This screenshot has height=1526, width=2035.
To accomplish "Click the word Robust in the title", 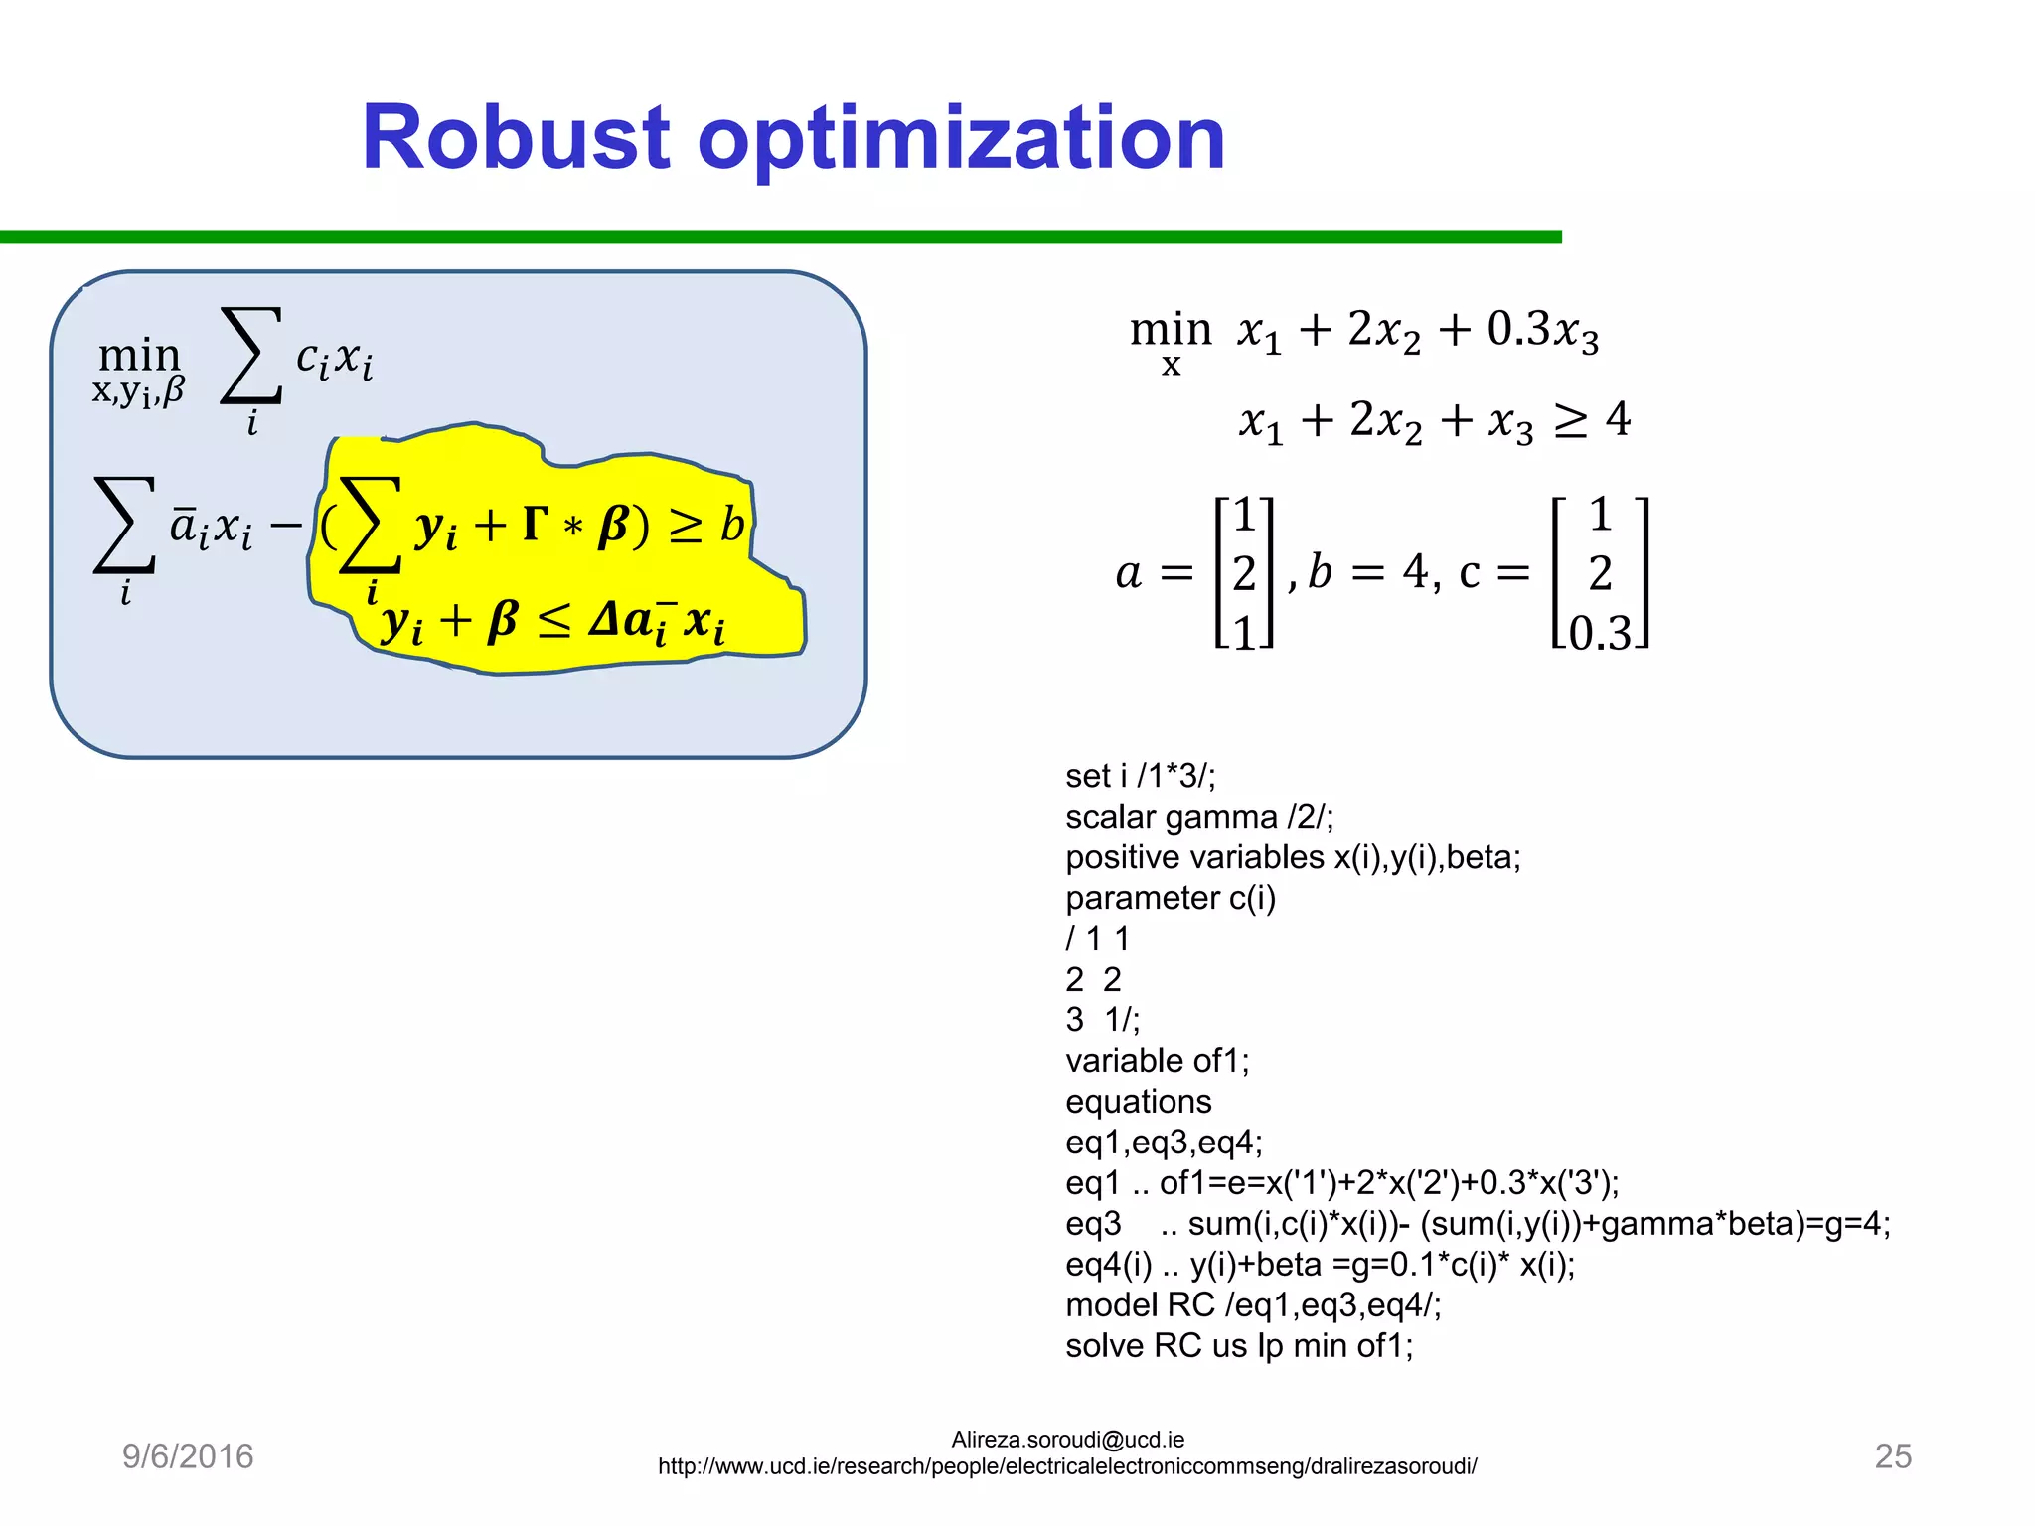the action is coord(516,138).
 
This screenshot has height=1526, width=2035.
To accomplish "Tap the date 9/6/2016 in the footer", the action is coord(188,1456).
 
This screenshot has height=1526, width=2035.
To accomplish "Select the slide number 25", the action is coord(1892,1456).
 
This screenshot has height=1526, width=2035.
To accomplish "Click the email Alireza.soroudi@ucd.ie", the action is coord(1067,1440).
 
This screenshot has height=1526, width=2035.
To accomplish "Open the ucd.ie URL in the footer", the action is coord(1067,1466).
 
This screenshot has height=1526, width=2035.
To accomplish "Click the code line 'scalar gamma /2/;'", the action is coord(1198,817).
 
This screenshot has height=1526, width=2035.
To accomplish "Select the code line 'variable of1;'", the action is coord(1157,1061).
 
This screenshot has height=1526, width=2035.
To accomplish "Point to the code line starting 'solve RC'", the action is coord(1238,1345).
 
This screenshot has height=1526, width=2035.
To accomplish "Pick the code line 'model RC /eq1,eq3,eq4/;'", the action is coord(1252,1304).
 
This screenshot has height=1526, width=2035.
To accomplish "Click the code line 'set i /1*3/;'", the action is coord(1140,776).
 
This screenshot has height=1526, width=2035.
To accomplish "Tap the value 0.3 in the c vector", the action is coord(1600,633).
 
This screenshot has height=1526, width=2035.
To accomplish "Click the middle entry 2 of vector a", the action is coord(1244,573).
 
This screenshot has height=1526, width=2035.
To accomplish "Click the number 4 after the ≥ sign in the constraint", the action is coord(1618,419).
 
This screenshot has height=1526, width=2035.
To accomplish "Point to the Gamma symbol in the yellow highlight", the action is coord(535,524).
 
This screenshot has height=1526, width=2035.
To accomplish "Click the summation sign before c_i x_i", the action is coord(250,356).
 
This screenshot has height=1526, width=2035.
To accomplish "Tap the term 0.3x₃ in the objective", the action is coord(1542,329).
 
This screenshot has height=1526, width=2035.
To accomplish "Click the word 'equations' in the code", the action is coord(1138,1102).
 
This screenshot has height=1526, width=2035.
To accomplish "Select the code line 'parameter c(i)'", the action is coord(1170,898).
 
